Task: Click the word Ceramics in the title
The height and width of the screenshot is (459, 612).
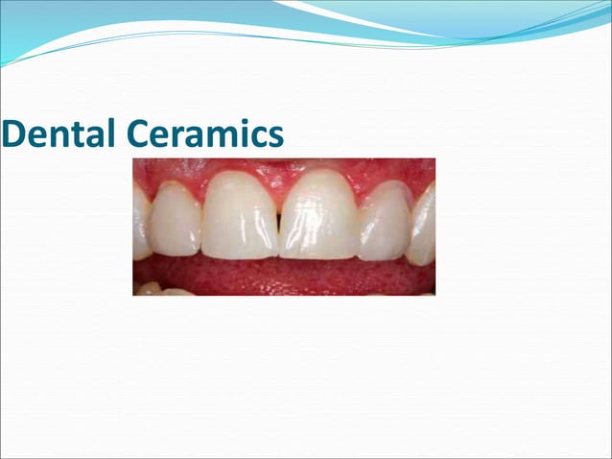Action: pyautogui.click(x=204, y=134)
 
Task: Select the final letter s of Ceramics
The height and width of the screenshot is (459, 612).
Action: pyautogui.click(x=275, y=138)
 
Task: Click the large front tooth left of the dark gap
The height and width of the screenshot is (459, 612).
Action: pyautogui.click(x=241, y=215)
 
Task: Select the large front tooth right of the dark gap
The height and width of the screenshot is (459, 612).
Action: pyautogui.click(x=317, y=215)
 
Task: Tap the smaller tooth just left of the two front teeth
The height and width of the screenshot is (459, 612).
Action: pyautogui.click(x=177, y=219)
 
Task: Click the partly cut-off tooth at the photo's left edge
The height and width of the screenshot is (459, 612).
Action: pyautogui.click(x=140, y=223)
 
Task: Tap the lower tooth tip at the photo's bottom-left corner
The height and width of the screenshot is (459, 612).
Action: pyautogui.click(x=150, y=288)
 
